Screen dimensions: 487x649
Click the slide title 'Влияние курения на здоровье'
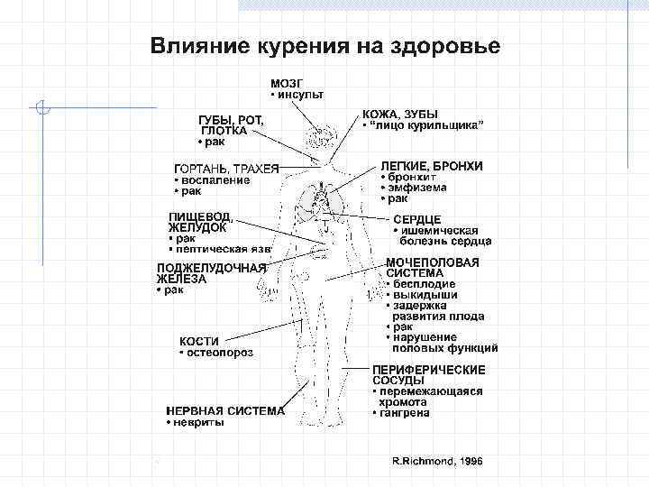[324, 44]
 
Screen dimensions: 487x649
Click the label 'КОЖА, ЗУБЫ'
[399, 115]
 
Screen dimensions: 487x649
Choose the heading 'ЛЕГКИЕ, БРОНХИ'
[431, 166]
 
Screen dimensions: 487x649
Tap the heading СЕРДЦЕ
[416, 219]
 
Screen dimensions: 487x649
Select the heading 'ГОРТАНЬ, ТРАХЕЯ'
[226, 168]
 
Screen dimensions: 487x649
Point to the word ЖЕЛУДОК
[197, 227]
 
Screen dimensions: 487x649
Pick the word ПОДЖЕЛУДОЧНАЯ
[211, 268]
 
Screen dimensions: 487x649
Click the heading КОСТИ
[199, 341]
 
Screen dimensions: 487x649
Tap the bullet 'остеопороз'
[219, 353]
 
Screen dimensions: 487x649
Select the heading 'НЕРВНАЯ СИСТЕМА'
[224, 410]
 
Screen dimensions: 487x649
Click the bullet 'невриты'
[197, 422]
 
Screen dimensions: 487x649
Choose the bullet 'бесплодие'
[424, 284]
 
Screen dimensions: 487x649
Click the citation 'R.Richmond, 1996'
[437, 460]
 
